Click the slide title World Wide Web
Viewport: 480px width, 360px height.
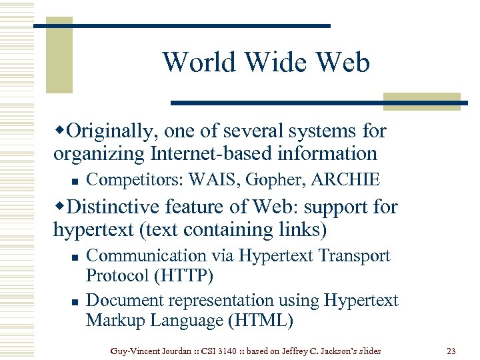(x=265, y=63)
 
